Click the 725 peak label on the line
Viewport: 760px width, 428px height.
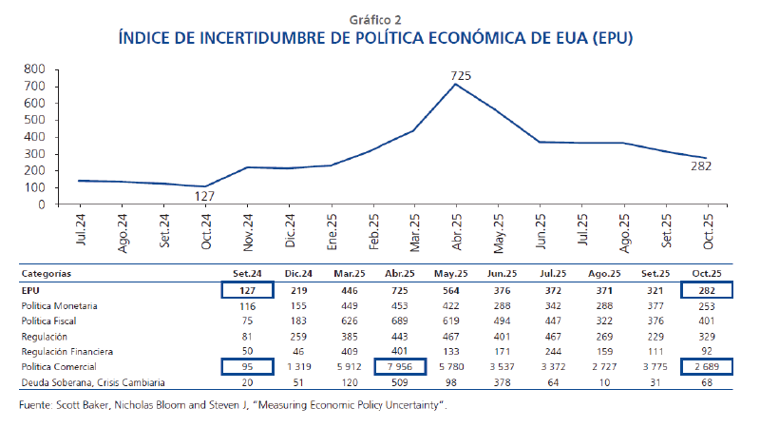click(461, 75)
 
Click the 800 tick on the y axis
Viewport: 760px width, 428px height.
click(34, 69)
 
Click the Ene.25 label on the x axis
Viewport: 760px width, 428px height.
click(331, 230)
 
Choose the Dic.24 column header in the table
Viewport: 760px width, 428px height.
click(297, 274)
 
